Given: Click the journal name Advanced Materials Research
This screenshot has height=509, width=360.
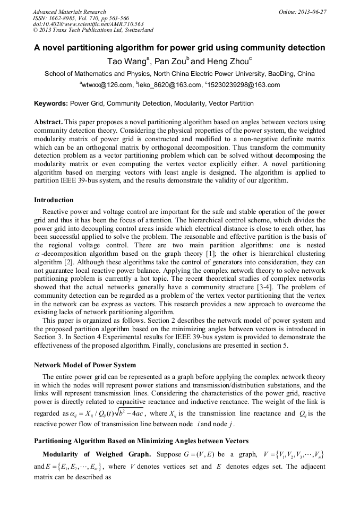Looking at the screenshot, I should (x=69, y=12).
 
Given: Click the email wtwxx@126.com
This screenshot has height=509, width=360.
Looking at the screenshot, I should (x=106, y=85).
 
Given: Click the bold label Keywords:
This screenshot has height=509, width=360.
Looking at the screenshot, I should (x=51, y=103).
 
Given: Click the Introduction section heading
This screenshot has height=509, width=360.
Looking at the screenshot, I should (x=54, y=200).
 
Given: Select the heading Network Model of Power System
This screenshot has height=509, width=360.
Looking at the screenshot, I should (x=85, y=365).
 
